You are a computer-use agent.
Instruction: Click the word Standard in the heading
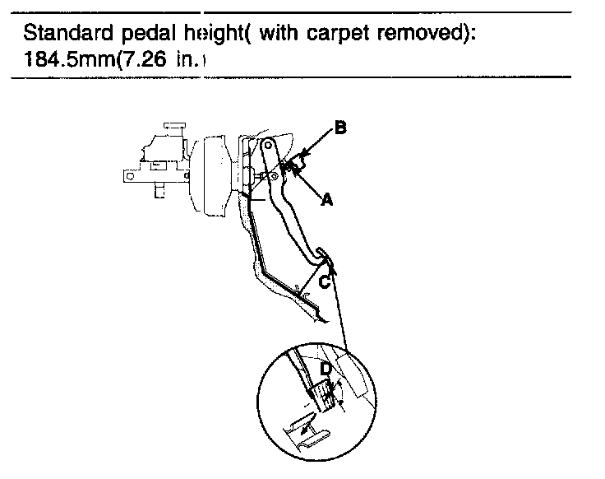click(x=65, y=35)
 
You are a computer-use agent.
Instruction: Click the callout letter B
click(x=340, y=128)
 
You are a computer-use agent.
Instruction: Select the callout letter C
click(x=326, y=281)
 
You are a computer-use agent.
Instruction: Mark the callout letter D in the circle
click(x=326, y=370)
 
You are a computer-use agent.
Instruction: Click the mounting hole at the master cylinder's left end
click(x=128, y=175)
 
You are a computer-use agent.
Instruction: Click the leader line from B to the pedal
click(x=312, y=153)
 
